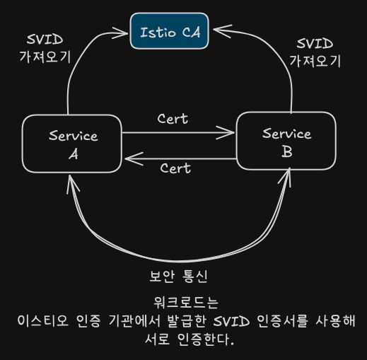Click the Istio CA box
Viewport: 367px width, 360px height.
coord(170,31)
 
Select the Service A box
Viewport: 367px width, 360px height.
coord(72,144)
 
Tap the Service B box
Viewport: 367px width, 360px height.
coord(286,141)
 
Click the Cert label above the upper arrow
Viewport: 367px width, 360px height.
coord(173,119)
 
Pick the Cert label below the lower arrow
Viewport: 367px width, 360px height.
coord(175,168)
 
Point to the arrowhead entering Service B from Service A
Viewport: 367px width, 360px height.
coord(226,133)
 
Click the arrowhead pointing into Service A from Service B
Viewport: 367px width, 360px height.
coord(134,158)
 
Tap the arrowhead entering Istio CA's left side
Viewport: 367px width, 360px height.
coord(120,33)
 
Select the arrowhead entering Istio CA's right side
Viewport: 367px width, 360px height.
coord(223,30)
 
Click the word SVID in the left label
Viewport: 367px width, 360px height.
coord(45,40)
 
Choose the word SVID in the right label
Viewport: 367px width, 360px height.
coord(315,43)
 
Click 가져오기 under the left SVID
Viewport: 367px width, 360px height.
coord(45,57)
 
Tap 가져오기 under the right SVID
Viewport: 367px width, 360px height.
coord(315,61)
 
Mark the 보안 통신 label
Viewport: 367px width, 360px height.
coord(178,276)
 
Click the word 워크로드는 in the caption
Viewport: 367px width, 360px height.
coord(186,303)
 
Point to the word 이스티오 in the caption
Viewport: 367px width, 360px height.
coord(43,320)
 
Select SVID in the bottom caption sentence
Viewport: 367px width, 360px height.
coord(231,321)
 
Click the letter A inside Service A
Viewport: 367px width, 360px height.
coord(74,155)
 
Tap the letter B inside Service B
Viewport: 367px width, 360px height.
coord(287,152)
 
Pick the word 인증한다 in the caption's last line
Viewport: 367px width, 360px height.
coord(206,339)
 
